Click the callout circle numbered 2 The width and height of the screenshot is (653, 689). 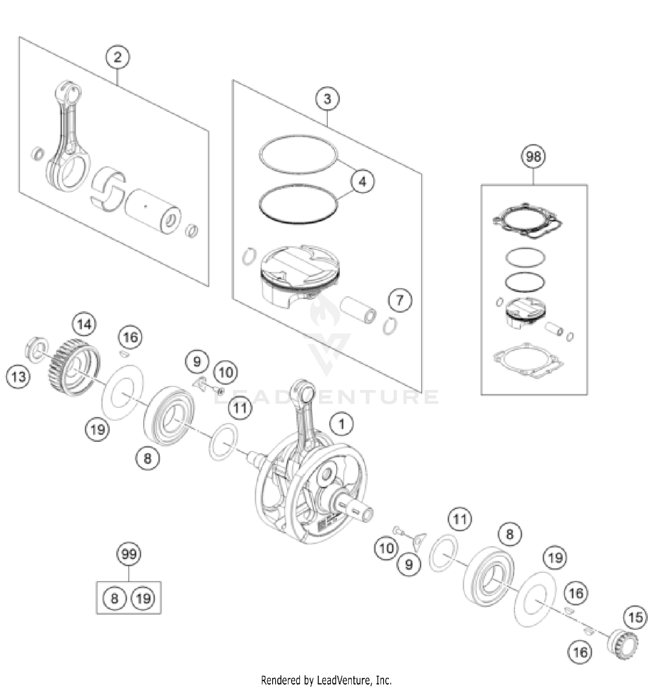click(117, 57)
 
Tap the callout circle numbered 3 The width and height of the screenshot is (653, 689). click(327, 99)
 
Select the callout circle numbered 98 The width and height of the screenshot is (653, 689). click(533, 156)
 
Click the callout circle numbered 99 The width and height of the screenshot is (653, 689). click(129, 554)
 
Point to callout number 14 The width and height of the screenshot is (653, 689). click(84, 324)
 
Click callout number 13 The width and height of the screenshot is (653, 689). click(18, 376)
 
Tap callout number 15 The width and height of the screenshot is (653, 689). click(636, 617)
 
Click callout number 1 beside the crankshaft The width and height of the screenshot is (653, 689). click(342, 424)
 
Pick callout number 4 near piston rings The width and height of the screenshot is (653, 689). click(362, 181)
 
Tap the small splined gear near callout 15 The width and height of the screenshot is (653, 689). click(622, 643)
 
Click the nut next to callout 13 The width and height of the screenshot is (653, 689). click(37, 348)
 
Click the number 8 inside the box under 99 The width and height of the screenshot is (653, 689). click(114, 598)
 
